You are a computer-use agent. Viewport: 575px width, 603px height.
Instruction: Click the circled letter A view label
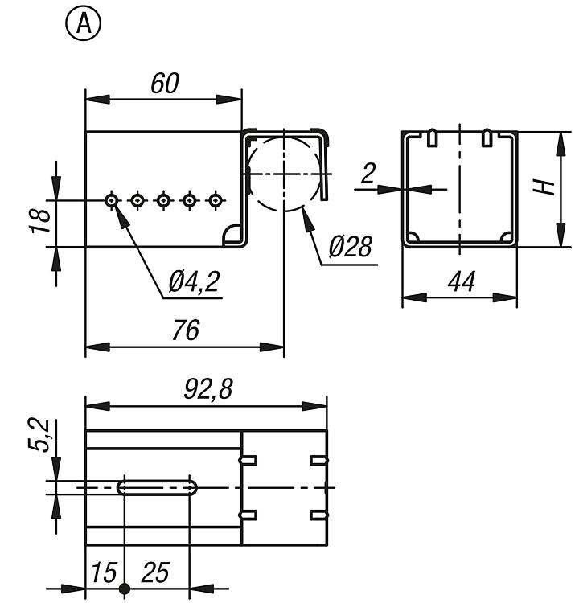[x=84, y=25]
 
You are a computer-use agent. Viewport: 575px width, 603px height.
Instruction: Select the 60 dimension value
[x=163, y=83]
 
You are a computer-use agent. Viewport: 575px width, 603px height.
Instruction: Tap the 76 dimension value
[x=185, y=330]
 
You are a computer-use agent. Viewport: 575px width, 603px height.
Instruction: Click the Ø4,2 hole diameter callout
[x=195, y=282]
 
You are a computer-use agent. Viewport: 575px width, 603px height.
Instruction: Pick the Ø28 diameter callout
[x=350, y=247]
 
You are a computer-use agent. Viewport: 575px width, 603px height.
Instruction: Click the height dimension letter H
[x=547, y=187]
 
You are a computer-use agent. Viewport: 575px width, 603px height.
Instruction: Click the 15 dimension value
[x=102, y=572]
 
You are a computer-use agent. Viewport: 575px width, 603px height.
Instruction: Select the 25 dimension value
[x=155, y=572]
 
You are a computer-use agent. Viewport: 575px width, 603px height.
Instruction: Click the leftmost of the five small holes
[x=112, y=199]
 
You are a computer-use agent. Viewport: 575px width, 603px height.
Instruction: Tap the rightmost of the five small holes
[x=215, y=199]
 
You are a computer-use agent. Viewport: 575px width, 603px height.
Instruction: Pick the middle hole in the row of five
[x=163, y=199]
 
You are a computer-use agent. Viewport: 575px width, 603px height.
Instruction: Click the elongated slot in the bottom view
[x=159, y=487]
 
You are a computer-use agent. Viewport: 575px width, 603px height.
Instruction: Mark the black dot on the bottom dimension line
[x=124, y=589]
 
